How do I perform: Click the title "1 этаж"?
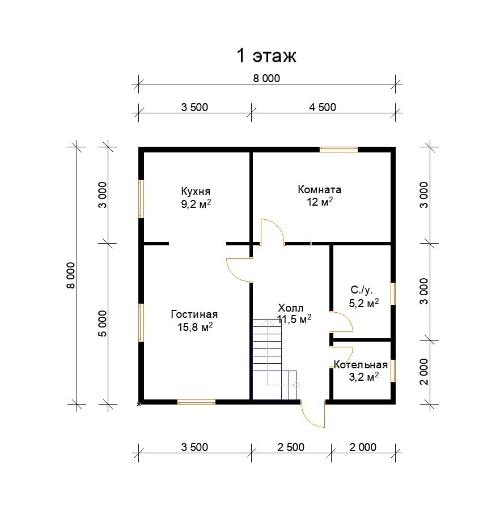click(266, 56)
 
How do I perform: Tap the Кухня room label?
click(196, 190)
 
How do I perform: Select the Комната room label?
click(319, 189)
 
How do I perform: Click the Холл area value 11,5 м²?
click(294, 320)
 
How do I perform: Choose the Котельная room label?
click(361, 364)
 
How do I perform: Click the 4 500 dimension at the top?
click(323, 107)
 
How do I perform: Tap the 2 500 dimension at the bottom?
click(290, 447)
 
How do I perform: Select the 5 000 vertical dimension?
click(102, 324)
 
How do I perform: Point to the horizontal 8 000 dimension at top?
click(266, 79)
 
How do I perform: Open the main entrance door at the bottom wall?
click(313, 412)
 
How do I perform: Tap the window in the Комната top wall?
click(338, 150)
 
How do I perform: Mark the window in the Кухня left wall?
click(141, 199)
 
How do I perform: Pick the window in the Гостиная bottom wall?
click(196, 402)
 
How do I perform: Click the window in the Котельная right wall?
click(393, 371)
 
